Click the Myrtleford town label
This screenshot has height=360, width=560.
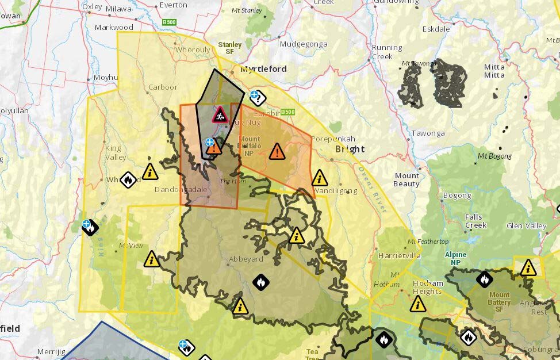click(263, 69)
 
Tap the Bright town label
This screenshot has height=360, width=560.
click(350, 149)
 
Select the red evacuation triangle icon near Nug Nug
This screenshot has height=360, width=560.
click(220, 114)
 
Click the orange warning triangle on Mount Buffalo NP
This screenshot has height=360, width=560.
click(277, 151)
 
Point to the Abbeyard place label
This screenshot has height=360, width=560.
click(246, 259)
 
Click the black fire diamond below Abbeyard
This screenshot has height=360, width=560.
click(261, 282)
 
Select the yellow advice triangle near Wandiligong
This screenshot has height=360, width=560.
click(320, 178)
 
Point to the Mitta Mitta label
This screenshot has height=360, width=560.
click(494, 71)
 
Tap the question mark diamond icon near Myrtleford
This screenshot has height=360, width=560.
click(258, 99)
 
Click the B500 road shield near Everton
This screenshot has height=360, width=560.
click(169, 22)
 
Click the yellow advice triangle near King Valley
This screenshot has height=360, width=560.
click(150, 171)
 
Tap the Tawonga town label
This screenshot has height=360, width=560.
click(428, 133)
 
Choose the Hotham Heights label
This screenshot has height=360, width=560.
click(428, 287)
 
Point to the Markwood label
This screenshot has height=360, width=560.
click(114, 27)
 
